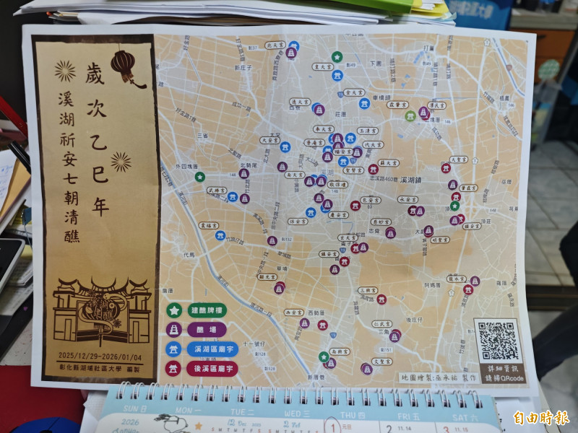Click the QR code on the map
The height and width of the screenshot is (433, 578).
(x=497, y=340)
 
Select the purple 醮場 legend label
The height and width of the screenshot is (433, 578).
(x=197, y=330)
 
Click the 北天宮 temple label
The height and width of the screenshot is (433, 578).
(x=275, y=45)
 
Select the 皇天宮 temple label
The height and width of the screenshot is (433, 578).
(x=322, y=66)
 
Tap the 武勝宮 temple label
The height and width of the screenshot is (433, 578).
(x=217, y=190)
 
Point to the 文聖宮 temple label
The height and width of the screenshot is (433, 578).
(x=382, y=361)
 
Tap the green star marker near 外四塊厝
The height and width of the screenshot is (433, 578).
(x=200, y=176)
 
